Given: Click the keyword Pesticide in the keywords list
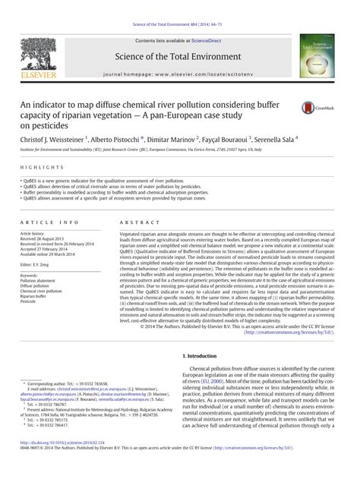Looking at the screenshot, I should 27,301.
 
